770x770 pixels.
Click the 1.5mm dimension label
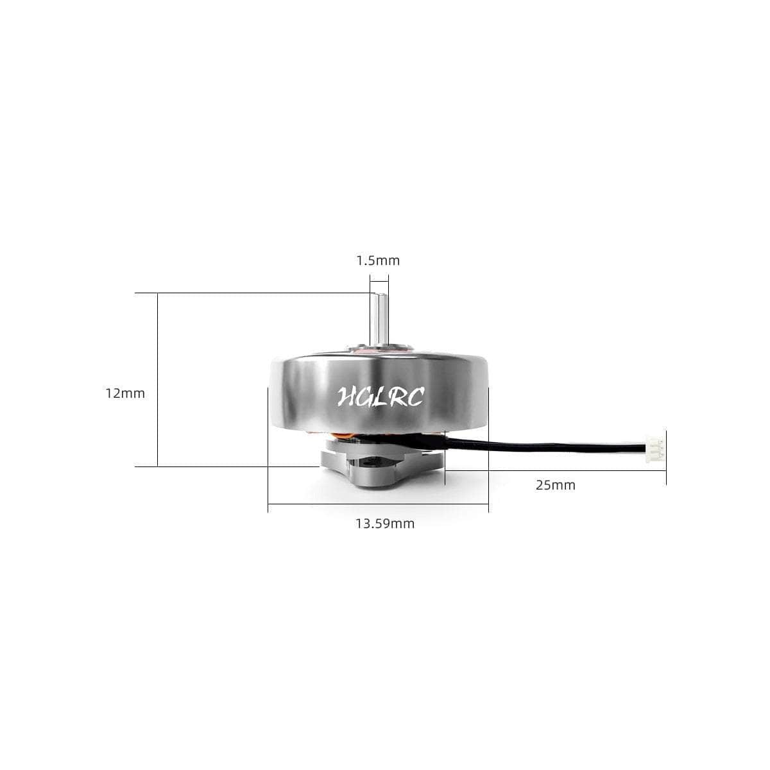click(x=378, y=261)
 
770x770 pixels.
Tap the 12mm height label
click(x=125, y=393)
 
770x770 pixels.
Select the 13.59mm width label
click(x=385, y=524)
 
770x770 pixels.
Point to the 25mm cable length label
click(x=556, y=485)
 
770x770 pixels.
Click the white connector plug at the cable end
click(x=655, y=445)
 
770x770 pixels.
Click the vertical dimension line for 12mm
click(x=157, y=379)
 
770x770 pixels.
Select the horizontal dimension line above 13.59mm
click(x=378, y=505)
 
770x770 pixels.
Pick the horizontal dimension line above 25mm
click(x=556, y=470)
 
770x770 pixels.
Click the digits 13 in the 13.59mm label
click(x=363, y=524)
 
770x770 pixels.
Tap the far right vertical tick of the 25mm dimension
click(x=666, y=457)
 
